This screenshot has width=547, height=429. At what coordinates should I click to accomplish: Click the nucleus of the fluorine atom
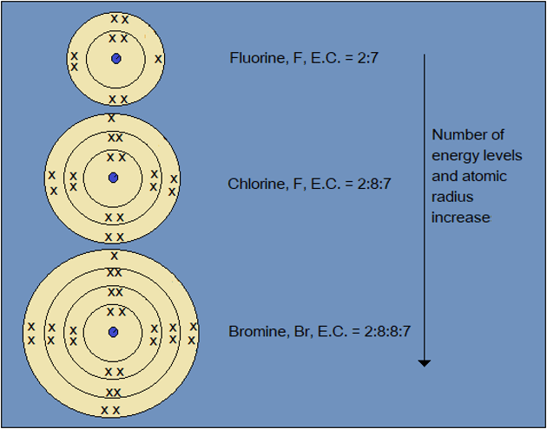[x=115, y=59]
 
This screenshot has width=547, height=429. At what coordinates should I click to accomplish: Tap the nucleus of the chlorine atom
[x=113, y=178]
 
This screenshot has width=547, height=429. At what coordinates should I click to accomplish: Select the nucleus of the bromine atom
[x=113, y=332]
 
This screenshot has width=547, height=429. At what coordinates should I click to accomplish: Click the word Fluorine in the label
[x=255, y=59]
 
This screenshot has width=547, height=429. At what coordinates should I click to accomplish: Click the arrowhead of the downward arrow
[x=424, y=362]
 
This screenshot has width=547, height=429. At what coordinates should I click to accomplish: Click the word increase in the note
[x=461, y=218]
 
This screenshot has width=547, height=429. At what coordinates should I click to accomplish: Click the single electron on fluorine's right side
[x=157, y=59]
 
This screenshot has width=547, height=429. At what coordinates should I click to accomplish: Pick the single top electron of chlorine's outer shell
[x=111, y=118]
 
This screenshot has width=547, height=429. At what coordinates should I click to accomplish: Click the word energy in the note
[x=454, y=155]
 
